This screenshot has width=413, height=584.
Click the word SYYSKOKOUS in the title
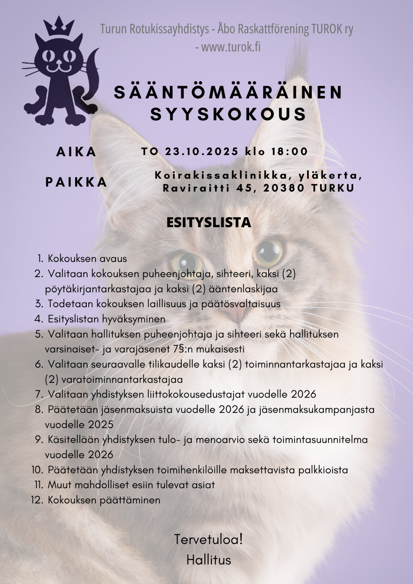pyautogui.click(x=228, y=114)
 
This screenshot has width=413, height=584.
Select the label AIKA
pyautogui.click(x=76, y=152)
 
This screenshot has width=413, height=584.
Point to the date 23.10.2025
pyautogui.click(x=201, y=151)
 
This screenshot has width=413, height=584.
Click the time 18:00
pyautogui.click(x=289, y=151)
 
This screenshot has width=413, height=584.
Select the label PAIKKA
pyautogui.click(x=76, y=182)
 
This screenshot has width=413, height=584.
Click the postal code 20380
pyautogui.click(x=284, y=188)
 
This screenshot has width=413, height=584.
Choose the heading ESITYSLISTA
pyautogui.click(x=209, y=223)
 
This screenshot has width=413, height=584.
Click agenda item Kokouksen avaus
pyautogui.click(x=87, y=259)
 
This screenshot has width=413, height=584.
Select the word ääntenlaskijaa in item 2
pyautogui.click(x=243, y=289)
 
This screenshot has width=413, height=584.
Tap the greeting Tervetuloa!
pyautogui.click(x=208, y=540)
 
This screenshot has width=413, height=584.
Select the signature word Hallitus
pyautogui.click(x=209, y=560)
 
